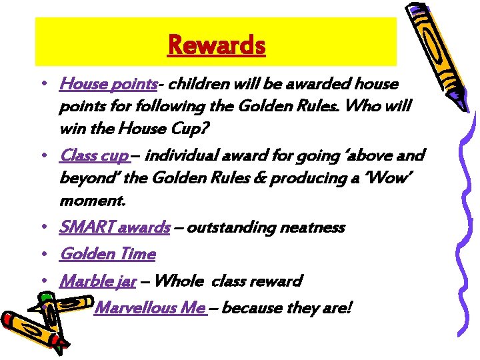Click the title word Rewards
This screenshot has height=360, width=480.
coord(217,45)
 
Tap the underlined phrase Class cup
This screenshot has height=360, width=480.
coord(94,155)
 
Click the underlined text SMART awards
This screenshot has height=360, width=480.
coord(115,227)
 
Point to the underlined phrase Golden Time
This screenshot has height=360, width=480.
coord(107,254)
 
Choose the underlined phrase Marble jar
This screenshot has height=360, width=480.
coord(98,281)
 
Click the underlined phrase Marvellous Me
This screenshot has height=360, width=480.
coord(149,307)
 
